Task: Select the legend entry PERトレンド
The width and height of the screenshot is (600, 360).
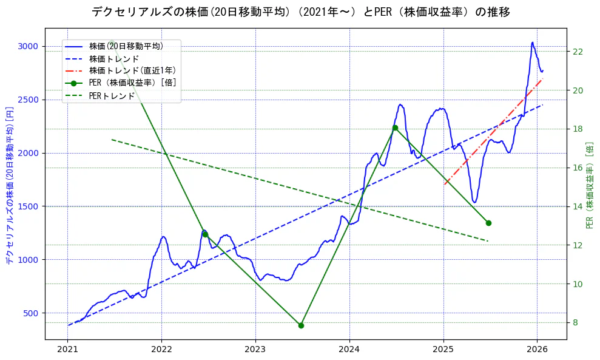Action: click(x=112, y=95)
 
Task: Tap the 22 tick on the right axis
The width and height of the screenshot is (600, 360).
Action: click(x=578, y=52)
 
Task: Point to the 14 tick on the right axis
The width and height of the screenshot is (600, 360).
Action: click(x=578, y=206)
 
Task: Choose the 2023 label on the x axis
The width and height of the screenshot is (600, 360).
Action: click(x=255, y=349)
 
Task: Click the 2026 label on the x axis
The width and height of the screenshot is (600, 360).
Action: click(x=538, y=349)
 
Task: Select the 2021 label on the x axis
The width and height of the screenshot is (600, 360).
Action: click(x=67, y=349)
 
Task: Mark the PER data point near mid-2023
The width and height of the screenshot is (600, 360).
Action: click(x=301, y=325)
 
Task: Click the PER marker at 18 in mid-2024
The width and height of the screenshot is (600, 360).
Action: click(x=395, y=127)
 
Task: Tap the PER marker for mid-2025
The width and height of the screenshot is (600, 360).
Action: click(x=488, y=223)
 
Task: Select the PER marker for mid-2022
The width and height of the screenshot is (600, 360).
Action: click(x=205, y=234)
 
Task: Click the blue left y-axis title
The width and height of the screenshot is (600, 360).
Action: click(x=9, y=182)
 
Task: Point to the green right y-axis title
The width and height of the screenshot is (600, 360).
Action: click(x=589, y=185)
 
